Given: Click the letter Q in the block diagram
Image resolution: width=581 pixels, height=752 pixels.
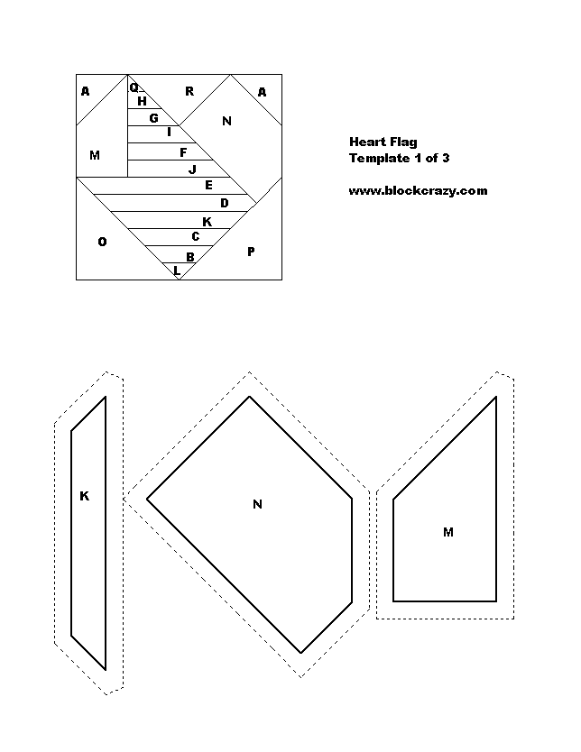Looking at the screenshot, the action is coord(134,87).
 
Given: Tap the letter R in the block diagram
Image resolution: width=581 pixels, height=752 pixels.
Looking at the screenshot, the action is coord(189,91).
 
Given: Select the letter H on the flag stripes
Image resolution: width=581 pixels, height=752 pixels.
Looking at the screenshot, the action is coord(142,101).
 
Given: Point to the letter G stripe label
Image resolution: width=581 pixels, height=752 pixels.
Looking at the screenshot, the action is coord(154,118).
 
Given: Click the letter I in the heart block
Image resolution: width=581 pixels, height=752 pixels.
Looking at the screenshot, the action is coord(169,132).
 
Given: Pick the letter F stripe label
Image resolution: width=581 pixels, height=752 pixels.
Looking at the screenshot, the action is coord(183,152).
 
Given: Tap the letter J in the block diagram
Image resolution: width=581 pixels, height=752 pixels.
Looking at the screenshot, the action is coord(192,169).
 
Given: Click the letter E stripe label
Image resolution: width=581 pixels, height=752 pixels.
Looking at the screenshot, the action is coord(208,185).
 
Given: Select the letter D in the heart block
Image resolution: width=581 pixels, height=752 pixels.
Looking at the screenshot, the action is coord(225,203).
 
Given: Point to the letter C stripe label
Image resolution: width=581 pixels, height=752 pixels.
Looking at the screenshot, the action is coord(195,236).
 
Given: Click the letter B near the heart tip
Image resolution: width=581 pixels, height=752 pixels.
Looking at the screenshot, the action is coord(190,257).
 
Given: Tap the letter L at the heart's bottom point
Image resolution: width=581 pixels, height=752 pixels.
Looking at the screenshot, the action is coord(177,271).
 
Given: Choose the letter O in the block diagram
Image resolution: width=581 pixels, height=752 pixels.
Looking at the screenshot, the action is coord(102,242).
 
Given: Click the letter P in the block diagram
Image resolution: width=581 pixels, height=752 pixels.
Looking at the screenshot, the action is coord(251,252).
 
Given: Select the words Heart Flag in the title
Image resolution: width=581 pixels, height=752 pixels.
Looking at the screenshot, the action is coord(383,142).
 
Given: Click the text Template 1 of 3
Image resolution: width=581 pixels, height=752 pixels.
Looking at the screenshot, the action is coord(399,159).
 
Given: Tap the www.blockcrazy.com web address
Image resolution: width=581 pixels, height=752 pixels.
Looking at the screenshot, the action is coord(418,191).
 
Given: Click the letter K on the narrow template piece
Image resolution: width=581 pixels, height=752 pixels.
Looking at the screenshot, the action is coord(85,496).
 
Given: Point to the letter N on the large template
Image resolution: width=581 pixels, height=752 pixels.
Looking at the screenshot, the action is coord(258,504).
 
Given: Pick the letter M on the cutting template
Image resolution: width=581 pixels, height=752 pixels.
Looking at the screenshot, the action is coord(448,532).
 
